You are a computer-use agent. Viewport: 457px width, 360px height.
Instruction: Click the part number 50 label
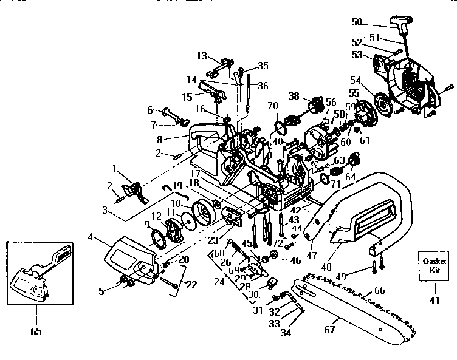(x=357, y=22)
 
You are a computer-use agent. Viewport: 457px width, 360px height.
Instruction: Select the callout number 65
(x=35, y=332)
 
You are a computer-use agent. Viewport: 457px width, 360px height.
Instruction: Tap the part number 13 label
(x=201, y=56)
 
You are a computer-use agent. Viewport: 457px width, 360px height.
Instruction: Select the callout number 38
(x=294, y=95)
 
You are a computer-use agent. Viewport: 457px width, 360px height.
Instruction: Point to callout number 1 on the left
(x=115, y=168)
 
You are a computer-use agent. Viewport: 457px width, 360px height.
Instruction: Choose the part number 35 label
(x=263, y=65)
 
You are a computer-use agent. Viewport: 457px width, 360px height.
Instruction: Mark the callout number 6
(x=149, y=110)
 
